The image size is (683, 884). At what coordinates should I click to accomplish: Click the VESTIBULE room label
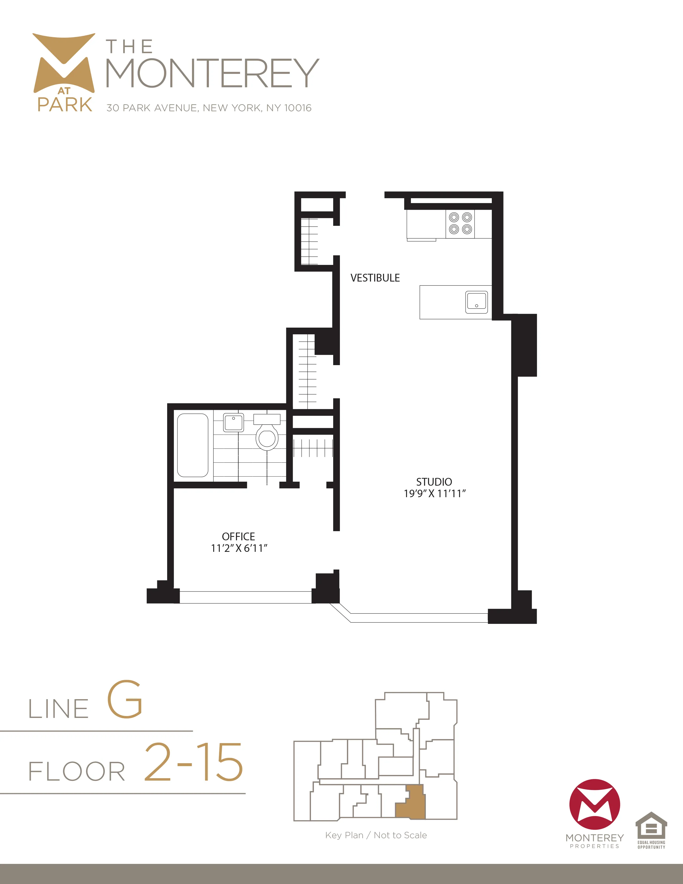375,278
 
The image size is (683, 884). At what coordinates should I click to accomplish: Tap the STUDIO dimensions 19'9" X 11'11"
434,493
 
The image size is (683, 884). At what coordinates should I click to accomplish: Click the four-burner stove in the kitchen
460,223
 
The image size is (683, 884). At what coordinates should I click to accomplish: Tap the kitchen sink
476,302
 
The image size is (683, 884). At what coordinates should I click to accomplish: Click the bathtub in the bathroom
193,445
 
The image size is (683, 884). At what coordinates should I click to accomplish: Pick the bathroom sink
234,422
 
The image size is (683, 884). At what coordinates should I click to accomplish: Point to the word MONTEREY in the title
212,73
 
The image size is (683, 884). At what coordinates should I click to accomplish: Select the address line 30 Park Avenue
209,108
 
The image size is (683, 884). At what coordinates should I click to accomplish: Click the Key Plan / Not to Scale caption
376,835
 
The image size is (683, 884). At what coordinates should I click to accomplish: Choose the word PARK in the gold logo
65,104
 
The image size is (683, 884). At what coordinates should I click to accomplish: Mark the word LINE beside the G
59,709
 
